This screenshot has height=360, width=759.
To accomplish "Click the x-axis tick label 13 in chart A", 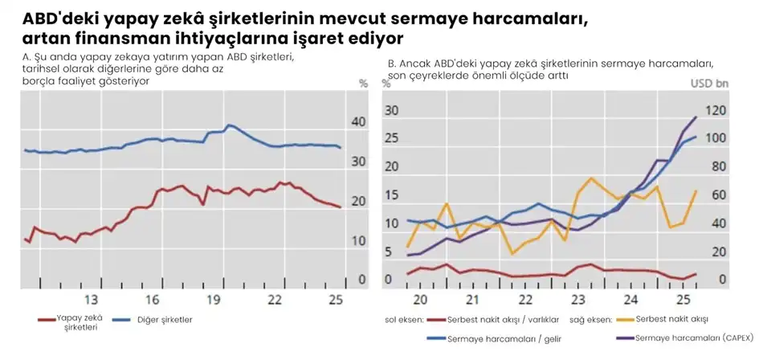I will click(91, 300).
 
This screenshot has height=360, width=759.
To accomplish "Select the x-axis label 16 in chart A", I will click(153, 300).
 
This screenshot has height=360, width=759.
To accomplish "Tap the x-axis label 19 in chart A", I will click(214, 300).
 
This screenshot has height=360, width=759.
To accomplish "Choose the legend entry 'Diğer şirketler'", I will click(160, 319).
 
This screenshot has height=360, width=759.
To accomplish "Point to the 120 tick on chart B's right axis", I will click(716, 110).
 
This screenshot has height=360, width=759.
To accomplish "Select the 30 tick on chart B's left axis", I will click(392, 110).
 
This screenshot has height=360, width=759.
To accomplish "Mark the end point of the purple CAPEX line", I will click(696, 117).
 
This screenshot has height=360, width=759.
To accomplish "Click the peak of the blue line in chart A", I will click(229, 125).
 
